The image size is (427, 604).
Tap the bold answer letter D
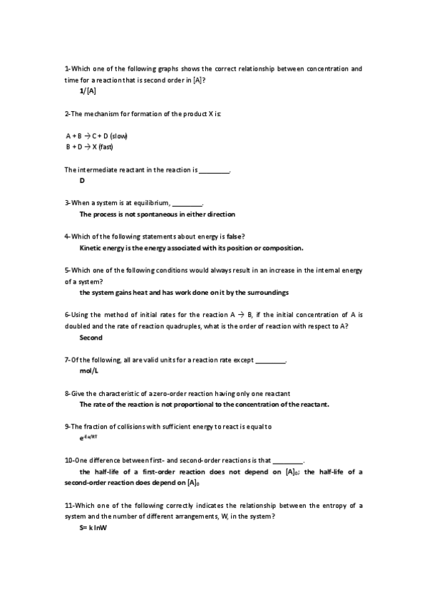[x=82, y=181]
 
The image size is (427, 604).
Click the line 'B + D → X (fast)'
[x=90, y=147]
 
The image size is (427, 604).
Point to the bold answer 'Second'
[x=91, y=338]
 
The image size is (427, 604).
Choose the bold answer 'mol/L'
[x=88, y=372]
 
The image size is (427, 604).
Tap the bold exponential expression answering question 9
[x=88, y=439]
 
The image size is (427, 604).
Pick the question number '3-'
[x=68, y=202]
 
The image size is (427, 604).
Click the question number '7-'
[x=68, y=360]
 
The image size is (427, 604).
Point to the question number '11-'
[x=69, y=506]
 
